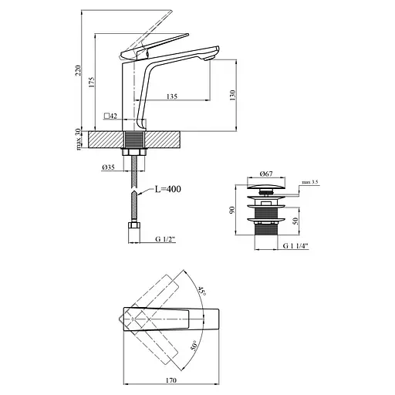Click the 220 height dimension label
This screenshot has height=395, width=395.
(78, 70)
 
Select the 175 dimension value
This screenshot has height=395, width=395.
(92, 82)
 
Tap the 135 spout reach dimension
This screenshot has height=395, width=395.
(172, 96)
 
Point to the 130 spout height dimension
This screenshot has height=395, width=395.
(232, 95)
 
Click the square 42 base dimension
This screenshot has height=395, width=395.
(110, 116)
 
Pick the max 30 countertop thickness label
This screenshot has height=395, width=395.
(78, 140)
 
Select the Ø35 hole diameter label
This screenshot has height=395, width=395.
(108, 167)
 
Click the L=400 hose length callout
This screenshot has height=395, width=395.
(167, 189)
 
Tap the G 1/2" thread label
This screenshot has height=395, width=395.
(165, 239)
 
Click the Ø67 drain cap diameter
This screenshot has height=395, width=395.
(266, 174)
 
